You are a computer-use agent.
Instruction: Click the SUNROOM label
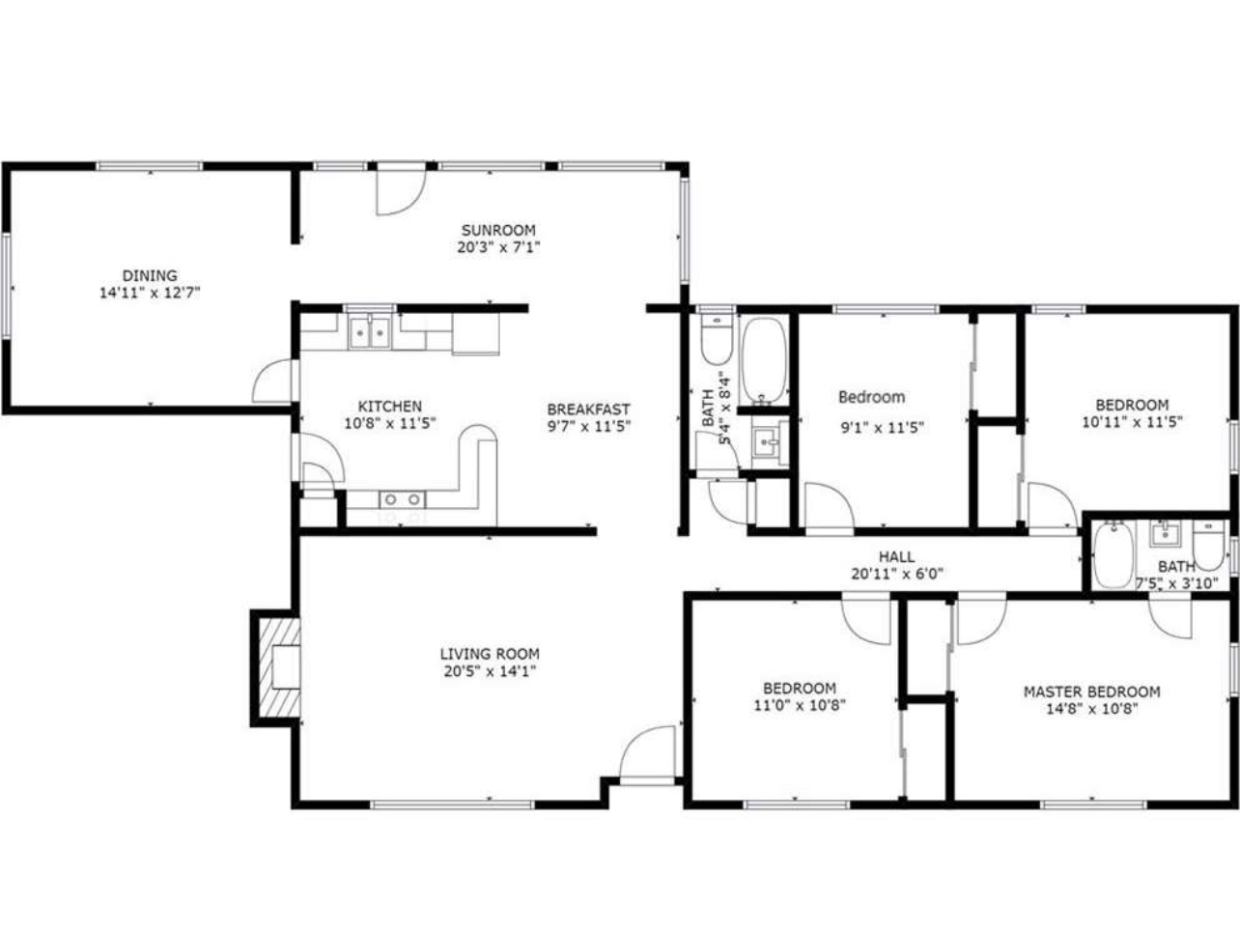(x=498, y=231)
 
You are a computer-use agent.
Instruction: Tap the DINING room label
(x=150, y=275)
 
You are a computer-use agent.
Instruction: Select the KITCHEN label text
(x=390, y=407)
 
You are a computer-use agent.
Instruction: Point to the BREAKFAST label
(x=588, y=409)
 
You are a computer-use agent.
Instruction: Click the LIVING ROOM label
(x=490, y=654)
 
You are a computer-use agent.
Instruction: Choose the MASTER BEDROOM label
(x=1092, y=691)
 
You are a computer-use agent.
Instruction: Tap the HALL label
(x=897, y=557)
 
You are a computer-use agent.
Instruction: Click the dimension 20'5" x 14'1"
(x=490, y=672)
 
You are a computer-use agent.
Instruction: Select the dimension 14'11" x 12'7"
(x=150, y=294)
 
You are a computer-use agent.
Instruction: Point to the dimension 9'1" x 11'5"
(x=883, y=428)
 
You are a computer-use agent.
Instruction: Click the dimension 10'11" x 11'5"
(x=1132, y=422)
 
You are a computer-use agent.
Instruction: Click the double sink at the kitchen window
(x=370, y=331)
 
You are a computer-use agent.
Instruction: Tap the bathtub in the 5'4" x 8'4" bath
(x=763, y=359)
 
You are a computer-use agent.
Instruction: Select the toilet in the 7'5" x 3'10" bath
(x=1208, y=545)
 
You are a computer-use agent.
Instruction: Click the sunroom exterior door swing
(x=401, y=189)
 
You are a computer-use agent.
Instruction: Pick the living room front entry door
(x=648, y=754)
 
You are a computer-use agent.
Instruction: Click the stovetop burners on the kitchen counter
(x=402, y=499)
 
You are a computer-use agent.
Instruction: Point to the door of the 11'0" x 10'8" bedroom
(x=865, y=620)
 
